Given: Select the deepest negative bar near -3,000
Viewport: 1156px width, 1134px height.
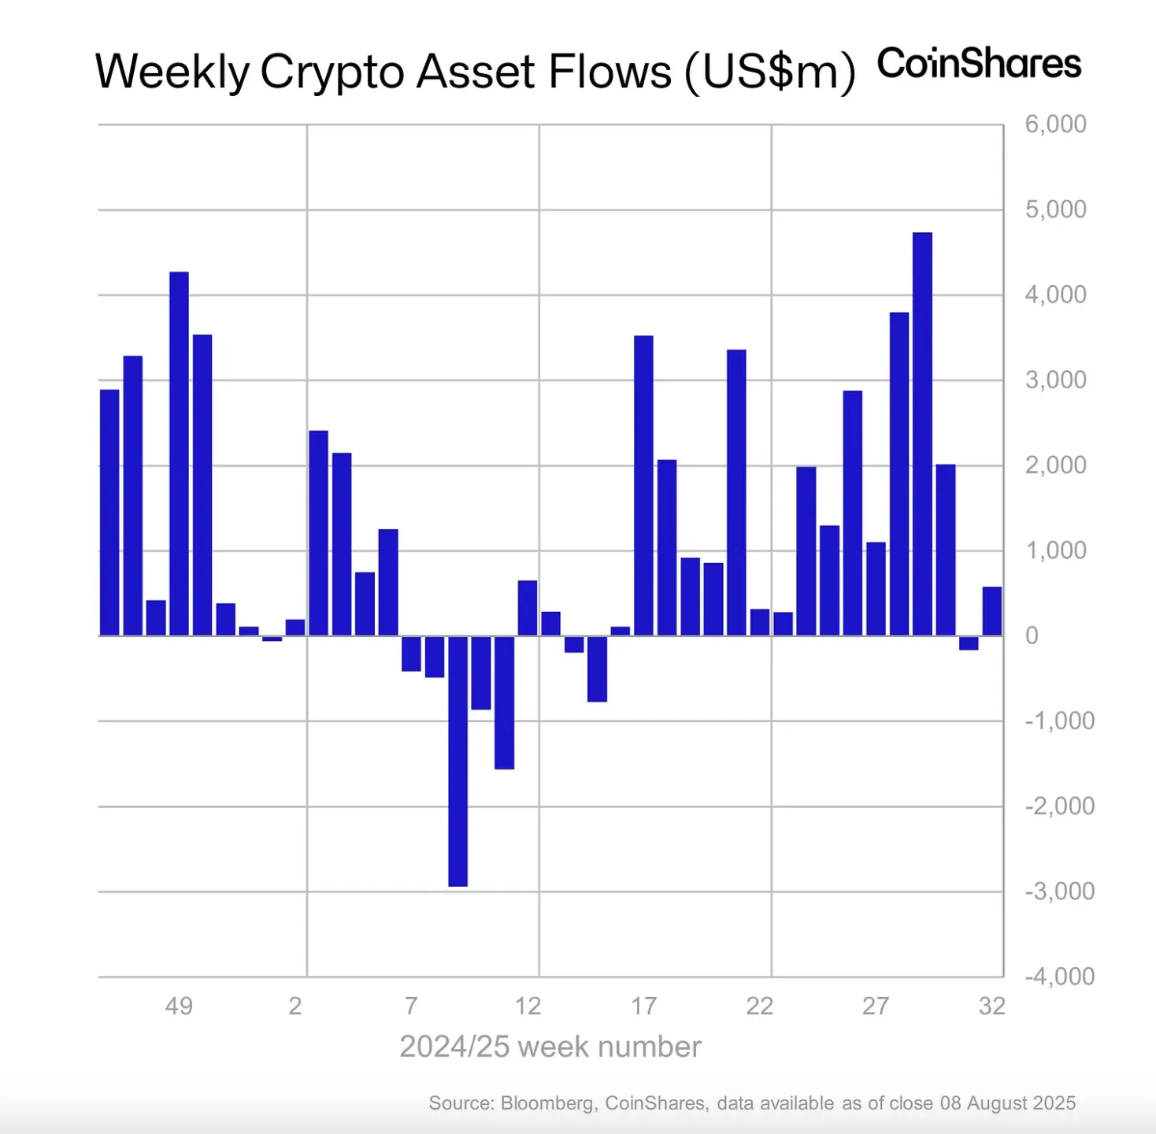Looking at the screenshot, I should pos(458,761).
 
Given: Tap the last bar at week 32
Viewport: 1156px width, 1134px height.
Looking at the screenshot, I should pos(991,611).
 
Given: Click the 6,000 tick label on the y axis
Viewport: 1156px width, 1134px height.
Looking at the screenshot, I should pos(1054,124).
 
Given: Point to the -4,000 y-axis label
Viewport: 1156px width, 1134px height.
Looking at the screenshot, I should pos(1059,976).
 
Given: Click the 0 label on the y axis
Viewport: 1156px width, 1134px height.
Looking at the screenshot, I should pos(1032,636).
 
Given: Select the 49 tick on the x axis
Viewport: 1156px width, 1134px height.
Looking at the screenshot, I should pos(179,1006).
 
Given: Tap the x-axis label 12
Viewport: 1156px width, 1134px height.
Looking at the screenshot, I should pos(528,1006).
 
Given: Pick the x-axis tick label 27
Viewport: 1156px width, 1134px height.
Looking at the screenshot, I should pos(876,1006).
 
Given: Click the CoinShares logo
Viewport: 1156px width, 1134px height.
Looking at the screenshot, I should pos(979,64).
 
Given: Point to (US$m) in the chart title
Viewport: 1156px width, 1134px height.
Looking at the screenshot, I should pos(769,72).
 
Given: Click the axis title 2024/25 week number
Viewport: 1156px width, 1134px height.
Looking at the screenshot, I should pos(550,1047).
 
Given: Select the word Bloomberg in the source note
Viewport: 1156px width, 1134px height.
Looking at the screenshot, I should pos(548,1103).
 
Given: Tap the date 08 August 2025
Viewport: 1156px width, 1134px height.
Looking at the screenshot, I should pos(1007,1103).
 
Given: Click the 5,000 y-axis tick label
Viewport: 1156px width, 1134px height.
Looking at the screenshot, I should pos(1054,209).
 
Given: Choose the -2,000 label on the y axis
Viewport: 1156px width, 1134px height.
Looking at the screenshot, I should pos(1059,806).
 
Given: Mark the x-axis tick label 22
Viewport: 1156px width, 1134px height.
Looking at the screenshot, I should pos(759,1006).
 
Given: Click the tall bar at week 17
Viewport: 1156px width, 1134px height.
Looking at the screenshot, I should pos(643,485).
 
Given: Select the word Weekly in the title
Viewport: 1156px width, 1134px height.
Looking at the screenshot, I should pos(172,72).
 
